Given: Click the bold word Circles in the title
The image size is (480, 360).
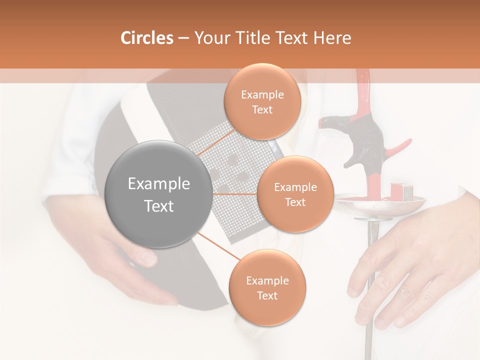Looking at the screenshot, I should pyautogui.click(x=146, y=38).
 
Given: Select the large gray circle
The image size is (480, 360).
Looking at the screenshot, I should pyautogui.click(x=159, y=194).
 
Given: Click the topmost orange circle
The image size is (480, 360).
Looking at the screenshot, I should pyautogui.click(x=262, y=101).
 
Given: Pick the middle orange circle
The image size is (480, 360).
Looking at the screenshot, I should pyautogui.click(x=295, y=194).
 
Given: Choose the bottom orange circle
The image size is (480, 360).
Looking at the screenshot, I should pyautogui.click(x=267, y=287).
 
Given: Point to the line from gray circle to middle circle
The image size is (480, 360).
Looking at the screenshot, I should pyautogui.click(x=235, y=193).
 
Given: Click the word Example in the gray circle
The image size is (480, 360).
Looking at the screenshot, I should pyautogui.click(x=159, y=184).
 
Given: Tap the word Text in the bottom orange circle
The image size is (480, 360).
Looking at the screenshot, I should pyautogui.click(x=267, y=295).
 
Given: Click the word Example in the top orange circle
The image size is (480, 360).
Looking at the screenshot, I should pyautogui.click(x=262, y=94).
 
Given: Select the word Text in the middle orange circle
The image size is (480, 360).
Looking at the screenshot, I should pyautogui.click(x=295, y=202).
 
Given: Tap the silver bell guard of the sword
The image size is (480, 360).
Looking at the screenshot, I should pyautogui.click(x=380, y=205).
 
